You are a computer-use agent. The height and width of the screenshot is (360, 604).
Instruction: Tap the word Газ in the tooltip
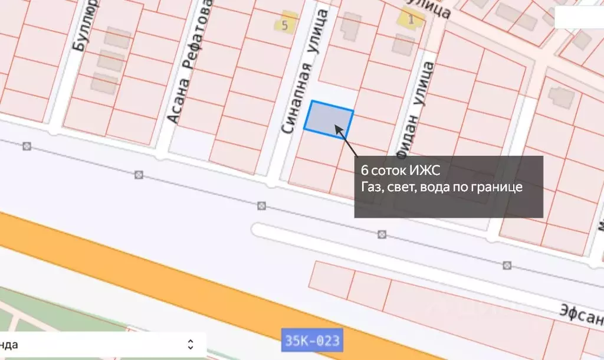371,187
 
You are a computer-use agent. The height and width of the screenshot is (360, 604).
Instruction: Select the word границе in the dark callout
500,187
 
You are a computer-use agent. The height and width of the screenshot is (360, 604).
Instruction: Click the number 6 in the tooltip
365,171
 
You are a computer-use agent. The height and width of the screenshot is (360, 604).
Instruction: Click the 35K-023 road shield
311,341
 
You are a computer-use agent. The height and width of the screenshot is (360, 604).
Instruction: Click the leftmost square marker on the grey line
27,146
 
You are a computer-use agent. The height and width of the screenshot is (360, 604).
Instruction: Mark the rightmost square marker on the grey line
507,265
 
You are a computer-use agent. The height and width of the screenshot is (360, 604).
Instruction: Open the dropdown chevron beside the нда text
191,344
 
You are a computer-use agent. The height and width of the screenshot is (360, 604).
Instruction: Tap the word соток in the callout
391,171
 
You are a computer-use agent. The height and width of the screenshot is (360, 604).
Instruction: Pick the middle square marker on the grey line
261,205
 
